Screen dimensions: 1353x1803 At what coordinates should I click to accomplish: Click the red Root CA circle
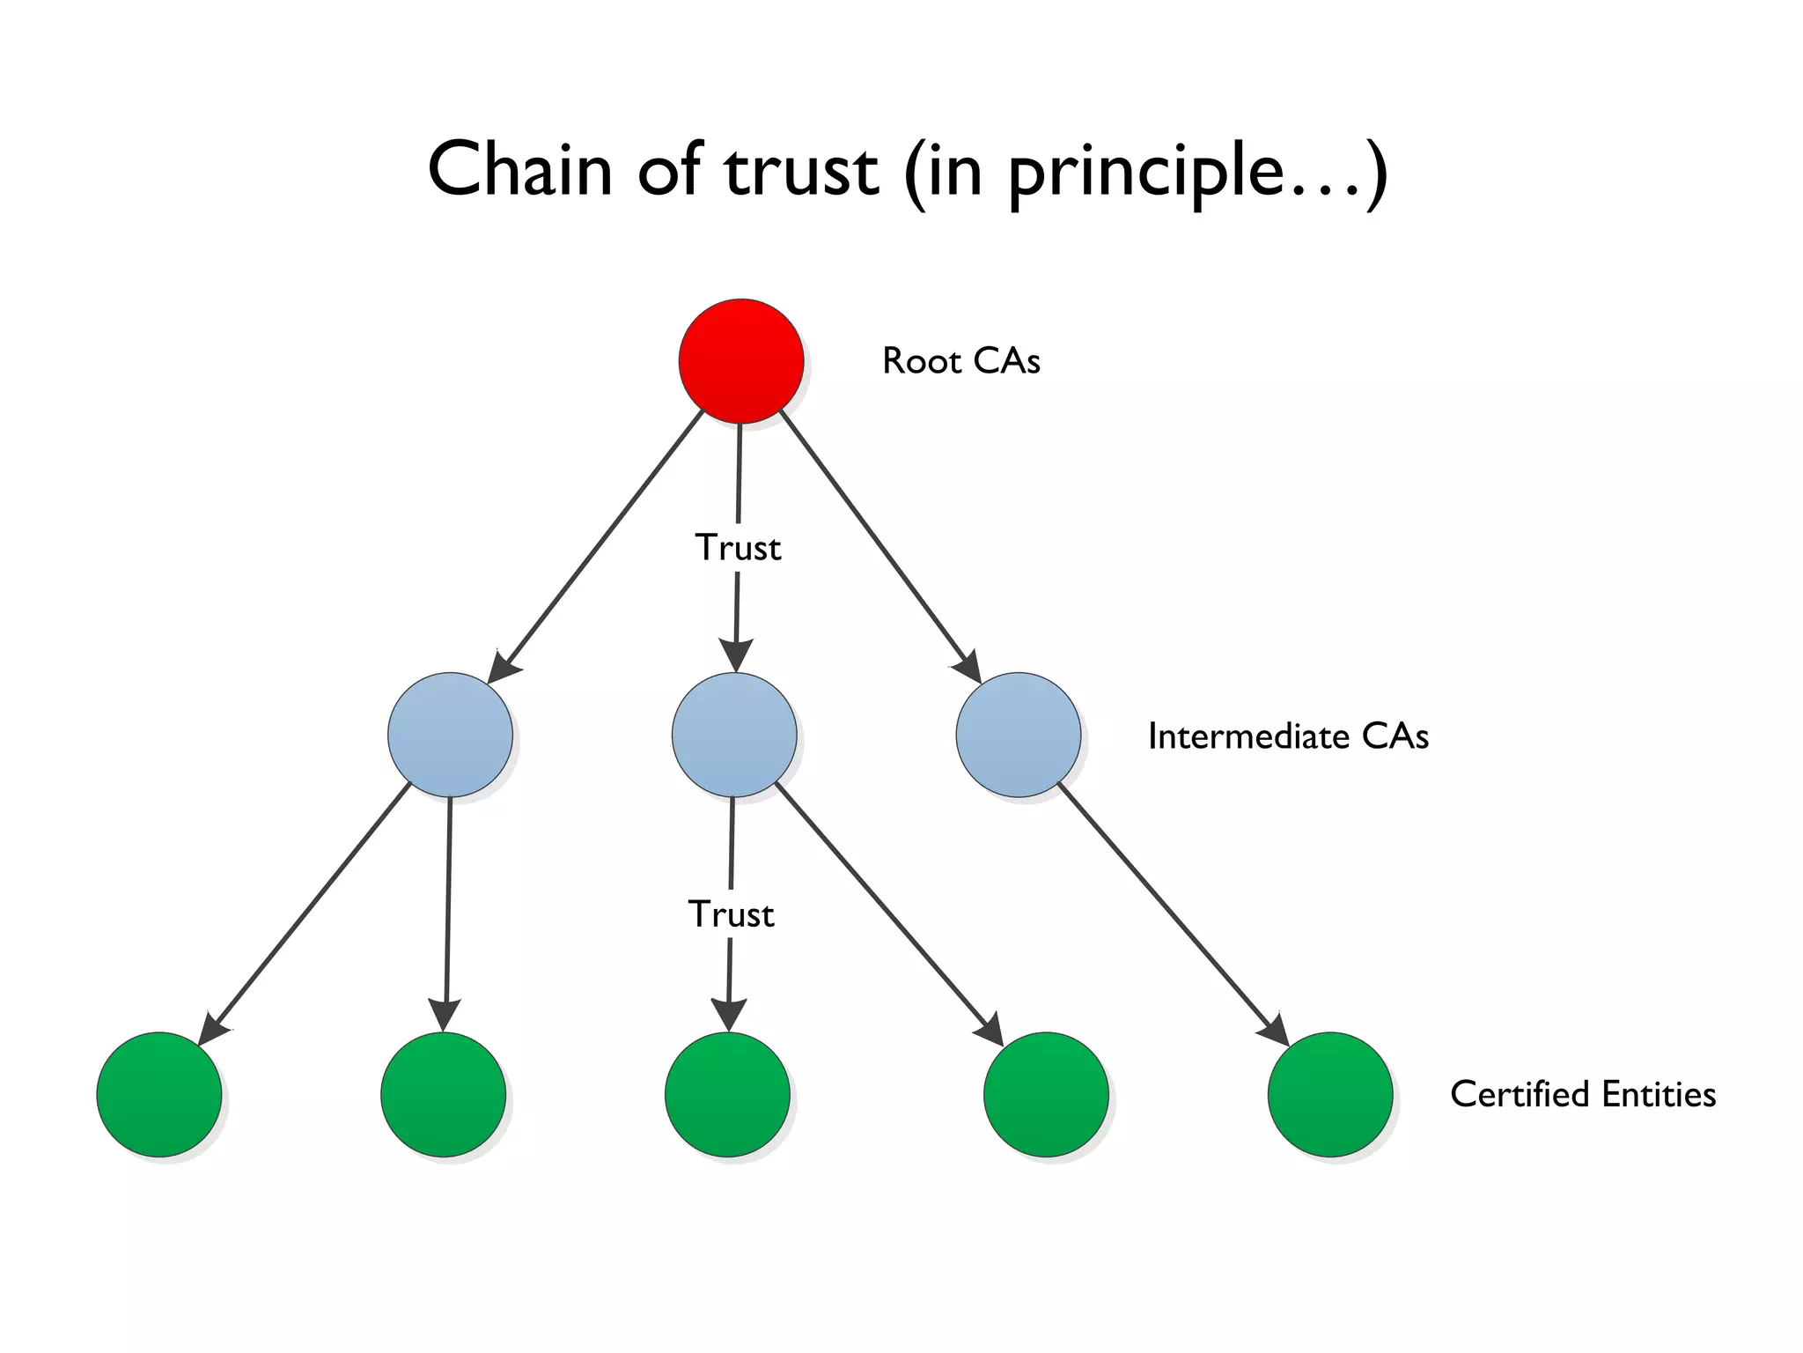click(740, 361)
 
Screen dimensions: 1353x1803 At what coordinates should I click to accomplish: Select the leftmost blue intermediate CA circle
click(450, 735)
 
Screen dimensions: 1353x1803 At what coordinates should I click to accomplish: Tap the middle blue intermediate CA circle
click(733, 735)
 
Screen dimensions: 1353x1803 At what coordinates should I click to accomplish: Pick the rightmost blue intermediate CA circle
click(1018, 735)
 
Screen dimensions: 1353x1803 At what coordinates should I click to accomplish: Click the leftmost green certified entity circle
click(158, 1094)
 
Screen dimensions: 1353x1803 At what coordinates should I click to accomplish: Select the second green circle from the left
click(443, 1094)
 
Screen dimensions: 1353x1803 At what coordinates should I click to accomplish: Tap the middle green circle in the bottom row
click(727, 1094)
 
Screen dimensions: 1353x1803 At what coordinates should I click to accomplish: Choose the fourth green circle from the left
click(1045, 1094)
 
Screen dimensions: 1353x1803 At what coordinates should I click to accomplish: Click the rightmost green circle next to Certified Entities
click(1329, 1094)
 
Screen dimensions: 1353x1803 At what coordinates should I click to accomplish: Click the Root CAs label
click(960, 361)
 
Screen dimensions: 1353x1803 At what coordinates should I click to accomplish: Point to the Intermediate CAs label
click(1287, 736)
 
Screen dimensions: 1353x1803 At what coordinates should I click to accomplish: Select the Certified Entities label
click(1582, 1094)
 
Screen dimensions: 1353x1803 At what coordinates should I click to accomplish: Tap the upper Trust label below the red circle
click(738, 548)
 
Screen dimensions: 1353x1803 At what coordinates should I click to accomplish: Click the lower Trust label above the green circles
click(731, 914)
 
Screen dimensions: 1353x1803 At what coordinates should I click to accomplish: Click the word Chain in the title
click(519, 169)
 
